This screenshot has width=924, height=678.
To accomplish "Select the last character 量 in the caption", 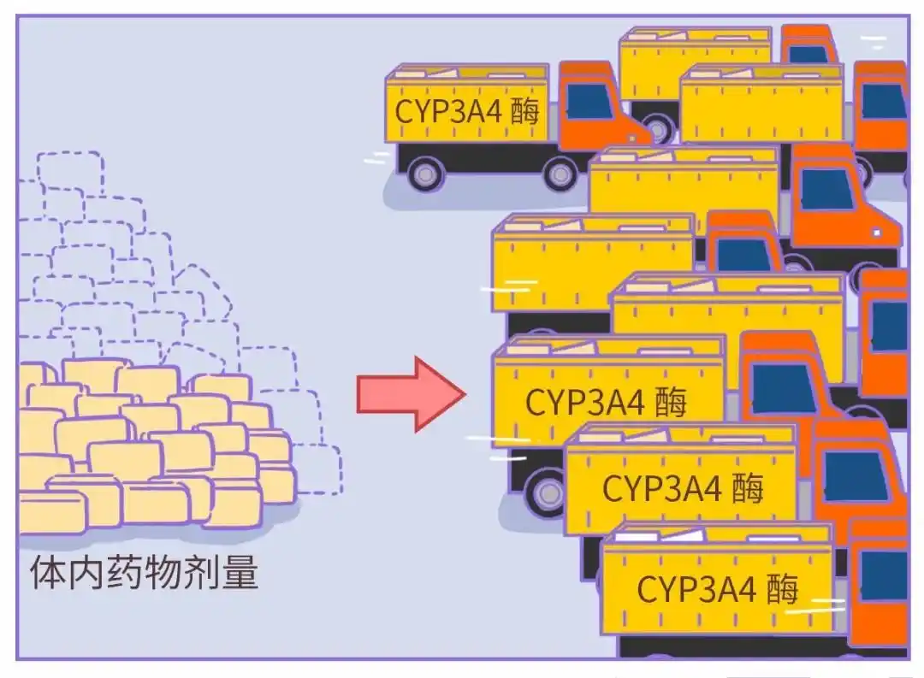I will (240, 573).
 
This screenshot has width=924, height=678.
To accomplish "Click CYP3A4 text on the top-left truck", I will (447, 112).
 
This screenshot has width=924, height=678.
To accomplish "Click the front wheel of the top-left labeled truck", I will (560, 174).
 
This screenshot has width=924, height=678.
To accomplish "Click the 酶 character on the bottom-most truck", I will (782, 589).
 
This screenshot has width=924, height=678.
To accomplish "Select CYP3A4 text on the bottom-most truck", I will (695, 589).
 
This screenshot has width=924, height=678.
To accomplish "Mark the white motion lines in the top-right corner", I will (873, 41).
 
